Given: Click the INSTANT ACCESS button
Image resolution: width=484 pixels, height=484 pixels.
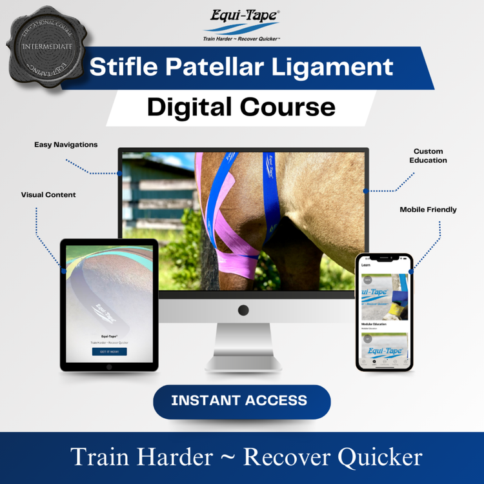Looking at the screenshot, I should [x=241, y=401].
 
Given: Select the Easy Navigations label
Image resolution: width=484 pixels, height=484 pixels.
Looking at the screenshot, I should [x=66, y=145].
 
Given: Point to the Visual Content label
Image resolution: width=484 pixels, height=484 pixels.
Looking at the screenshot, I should [x=48, y=194].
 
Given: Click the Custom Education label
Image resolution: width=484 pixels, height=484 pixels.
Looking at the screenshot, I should [x=429, y=156].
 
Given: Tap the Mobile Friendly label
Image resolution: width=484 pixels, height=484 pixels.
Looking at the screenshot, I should [x=428, y=209].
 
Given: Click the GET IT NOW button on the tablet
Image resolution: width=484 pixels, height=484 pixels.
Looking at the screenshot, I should [x=109, y=352].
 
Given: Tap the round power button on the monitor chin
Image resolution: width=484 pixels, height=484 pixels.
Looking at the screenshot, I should [x=243, y=310].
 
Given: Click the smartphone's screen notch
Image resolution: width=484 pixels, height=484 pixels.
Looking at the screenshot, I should [x=383, y=258].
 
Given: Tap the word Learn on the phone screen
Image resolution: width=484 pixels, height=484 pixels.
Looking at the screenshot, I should [x=366, y=265].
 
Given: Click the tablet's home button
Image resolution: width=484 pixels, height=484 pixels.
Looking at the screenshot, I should [x=109, y=367].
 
